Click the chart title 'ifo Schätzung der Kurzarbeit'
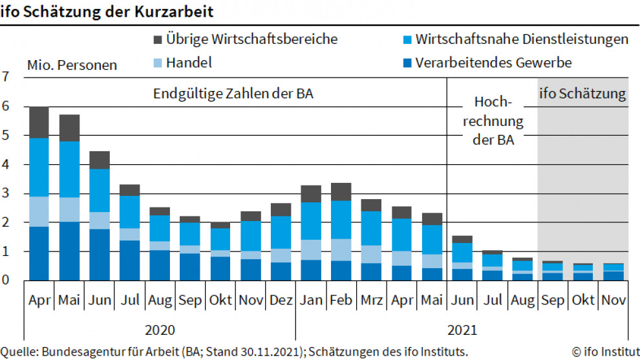pyautogui.click(x=107, y=12)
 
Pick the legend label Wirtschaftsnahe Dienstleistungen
pyautogui.click(x=522, y=39)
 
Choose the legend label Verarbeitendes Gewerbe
pyautogui.click(x=493, y=63)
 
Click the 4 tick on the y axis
pyautogui.click(x=6, y=165)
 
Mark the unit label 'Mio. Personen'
pyautogui.click(x=72, y=65)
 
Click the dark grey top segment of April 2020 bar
pyautogui.click(x=39, y=122)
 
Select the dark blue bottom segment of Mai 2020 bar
pyautogui.click(x=69, y=251)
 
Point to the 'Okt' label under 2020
pyautogui.click(x=220, y=301)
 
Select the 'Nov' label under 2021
pyautogui.click(x=613, y=301)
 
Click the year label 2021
pyautogui.click(x=462, y=330)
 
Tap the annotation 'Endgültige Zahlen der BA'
pyautogui.click(x=233, y=94)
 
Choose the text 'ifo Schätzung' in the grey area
pyautogui.click(x=582, y=94)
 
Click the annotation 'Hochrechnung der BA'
pyautogui.click(x=494, y=121)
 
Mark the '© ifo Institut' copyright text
pyautogui.click(x=604, y=352)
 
